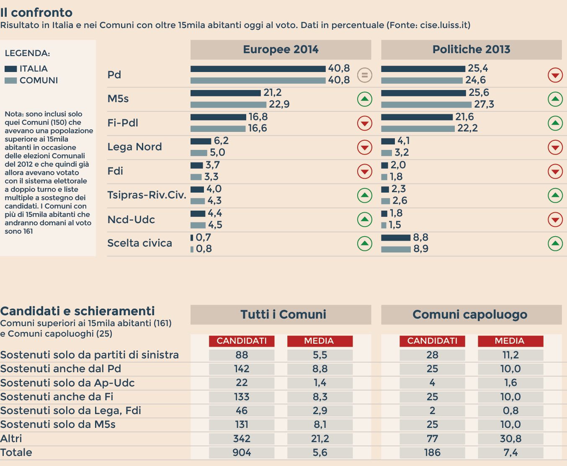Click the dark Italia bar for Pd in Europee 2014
[x=258, y=69]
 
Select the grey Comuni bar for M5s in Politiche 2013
[x=426, y=105]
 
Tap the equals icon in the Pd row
[x=365, y=75]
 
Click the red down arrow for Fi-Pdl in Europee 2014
[x=365, y=123]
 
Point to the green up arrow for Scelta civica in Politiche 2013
[x=555, y=243]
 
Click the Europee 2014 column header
[x=281, y=50]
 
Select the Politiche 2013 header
[x=471, y=50]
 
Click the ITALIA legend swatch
[x=11, y=69]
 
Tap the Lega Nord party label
[x=134, y=147]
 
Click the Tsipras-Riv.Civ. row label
[x=147, y=195]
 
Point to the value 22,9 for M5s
[x=279, y=104]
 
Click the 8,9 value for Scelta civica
[x=421, y=249]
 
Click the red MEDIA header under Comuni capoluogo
[x=510, y=341]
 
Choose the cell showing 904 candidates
[x=242, y=453]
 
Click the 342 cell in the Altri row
[x=242, y=439]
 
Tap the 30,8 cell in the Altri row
[x=510, y=439]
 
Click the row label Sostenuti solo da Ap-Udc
[x=67, y=383]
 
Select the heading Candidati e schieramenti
[x=77, y=311]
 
